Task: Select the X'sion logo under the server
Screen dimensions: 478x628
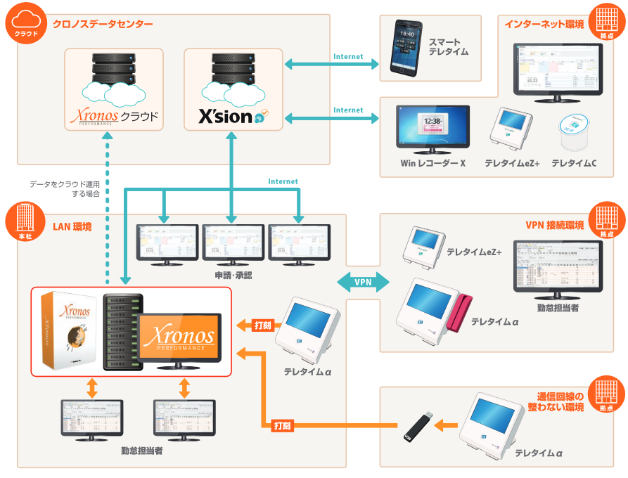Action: coord(233,115)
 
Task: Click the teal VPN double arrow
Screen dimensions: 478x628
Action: coord(363,282)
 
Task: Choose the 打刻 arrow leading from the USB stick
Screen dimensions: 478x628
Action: coord(282,425)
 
